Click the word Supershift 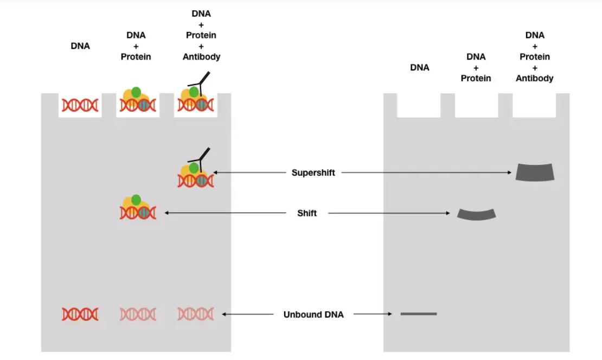(313, 173)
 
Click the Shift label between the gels (307, 213)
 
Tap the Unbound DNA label (313, 314)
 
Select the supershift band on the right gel (535, 172)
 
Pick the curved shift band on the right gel (476, 214)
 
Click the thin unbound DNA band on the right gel (419, 313)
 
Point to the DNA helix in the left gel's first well (80, 105)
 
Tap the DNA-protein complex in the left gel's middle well (137, 101)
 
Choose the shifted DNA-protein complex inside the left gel (138, 208)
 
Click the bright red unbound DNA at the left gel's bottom (80, 314)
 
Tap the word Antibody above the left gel (201, 57)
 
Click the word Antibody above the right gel (534, 79)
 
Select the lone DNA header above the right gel (419, 68)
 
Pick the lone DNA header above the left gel (80, 46)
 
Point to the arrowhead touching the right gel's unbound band (389, 314)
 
